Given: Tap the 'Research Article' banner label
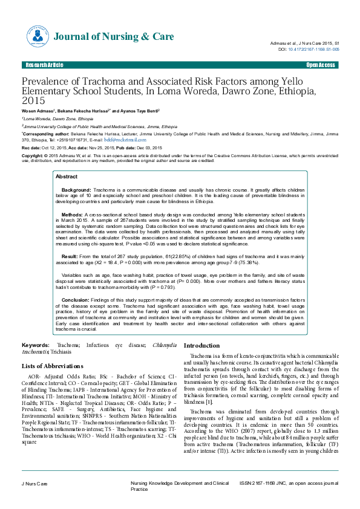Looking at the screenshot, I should click(43, 65).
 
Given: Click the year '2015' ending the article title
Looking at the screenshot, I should click(33, 101).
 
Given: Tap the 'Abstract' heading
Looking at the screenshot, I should click(67, 177).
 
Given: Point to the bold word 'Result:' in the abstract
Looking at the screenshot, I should click(70, 257).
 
